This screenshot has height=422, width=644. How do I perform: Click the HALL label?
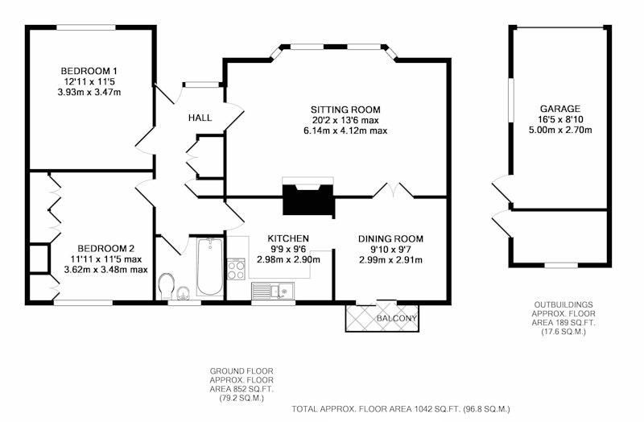(200, 118)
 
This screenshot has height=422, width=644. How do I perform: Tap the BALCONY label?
(397, 318)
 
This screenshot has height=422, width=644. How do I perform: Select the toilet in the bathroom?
(167, 286)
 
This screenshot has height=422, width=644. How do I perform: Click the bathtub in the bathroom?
(210, 267)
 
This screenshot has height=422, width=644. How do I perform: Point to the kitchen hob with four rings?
(236, 269)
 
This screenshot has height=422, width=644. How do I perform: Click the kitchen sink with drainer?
(273, 291)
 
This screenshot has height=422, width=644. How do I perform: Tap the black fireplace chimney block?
(309, 200)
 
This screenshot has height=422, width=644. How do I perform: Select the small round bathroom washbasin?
(183, 293)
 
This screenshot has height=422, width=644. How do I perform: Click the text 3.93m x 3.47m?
(89, 93)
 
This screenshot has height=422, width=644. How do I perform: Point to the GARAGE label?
(559, 109)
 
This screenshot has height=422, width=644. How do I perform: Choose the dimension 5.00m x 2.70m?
(560, 130)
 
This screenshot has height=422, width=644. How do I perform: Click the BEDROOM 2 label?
(106, 249)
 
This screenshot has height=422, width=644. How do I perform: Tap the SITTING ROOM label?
(345, 110)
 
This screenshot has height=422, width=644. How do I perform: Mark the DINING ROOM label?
(390, 238)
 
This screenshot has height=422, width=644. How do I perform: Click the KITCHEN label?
(288, 238)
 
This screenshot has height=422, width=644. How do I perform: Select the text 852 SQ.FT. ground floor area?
(242, 389)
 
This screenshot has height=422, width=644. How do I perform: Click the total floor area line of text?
(401, 409)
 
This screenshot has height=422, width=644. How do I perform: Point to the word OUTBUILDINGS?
(563, 305)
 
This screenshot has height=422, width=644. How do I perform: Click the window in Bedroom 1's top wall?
(86, 27)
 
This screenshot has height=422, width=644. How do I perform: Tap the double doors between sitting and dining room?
(393, 190)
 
